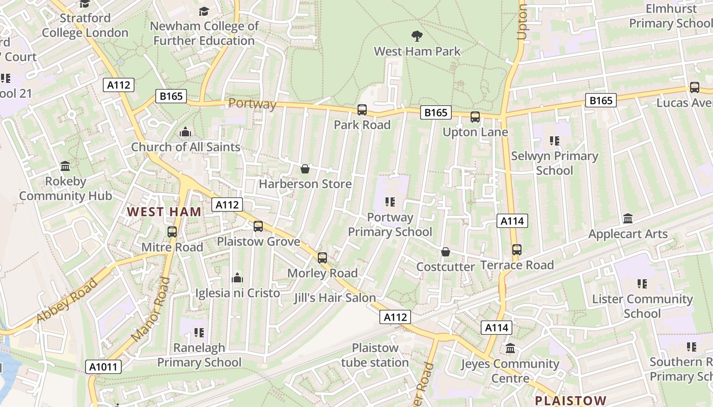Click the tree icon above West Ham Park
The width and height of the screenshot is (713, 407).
(x=417, y=36)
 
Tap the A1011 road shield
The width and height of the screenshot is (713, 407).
(x=104, y=367)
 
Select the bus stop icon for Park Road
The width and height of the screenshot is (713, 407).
(x=362, y=109)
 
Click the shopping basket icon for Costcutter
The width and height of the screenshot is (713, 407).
(x=446, y=252)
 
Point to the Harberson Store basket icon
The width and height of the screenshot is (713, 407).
(x=305, y=168)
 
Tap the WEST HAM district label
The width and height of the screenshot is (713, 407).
(x=164, y=212)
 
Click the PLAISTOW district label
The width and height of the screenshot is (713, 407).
(x=570, y=400)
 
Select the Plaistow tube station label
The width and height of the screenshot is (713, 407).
(x=375, y=355)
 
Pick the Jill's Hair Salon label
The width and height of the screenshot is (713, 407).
(x=335, y=298)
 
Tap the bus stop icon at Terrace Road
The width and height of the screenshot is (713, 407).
(x=517, y=250)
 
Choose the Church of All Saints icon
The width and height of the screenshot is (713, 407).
(x=185, y=132)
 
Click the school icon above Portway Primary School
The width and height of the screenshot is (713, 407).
(x=390, y=202)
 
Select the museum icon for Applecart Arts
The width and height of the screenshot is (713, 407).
(x=628, y=219)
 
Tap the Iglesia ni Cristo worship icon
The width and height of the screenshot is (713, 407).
(x=237, y=278)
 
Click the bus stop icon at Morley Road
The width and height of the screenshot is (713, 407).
(x=322, y=258)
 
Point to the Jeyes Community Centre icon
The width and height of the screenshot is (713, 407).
(x=510, y=348)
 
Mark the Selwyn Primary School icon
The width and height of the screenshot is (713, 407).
(x=555, y=140)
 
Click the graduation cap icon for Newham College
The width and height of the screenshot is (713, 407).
(x=204, y=11)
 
